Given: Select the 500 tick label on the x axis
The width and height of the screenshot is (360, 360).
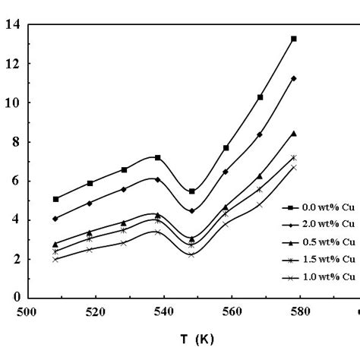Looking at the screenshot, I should [x=28, y=311].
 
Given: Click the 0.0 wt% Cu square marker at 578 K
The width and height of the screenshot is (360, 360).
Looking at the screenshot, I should [x=293, y=39].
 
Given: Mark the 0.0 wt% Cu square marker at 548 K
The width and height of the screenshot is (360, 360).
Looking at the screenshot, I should [x=191, y=191].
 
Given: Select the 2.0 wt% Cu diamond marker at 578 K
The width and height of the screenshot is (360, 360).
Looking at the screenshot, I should [x=293, y=78].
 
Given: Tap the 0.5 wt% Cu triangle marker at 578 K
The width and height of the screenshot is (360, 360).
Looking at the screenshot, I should [x=293, y=133].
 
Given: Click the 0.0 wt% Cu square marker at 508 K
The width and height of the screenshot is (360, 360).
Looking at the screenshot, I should [x=56, y=199].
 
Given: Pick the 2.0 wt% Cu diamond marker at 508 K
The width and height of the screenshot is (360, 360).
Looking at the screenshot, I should [x=56, y=218].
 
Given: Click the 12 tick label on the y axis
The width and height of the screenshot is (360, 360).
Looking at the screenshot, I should [x=13, y=63].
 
